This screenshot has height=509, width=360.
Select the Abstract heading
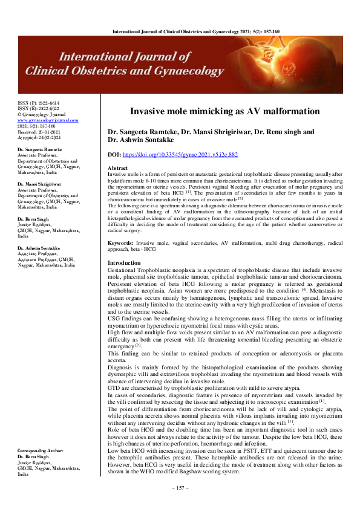tap(117, 167)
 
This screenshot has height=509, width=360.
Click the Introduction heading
tap(124, 263)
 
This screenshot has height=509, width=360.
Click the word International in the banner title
tap(100, 58)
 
